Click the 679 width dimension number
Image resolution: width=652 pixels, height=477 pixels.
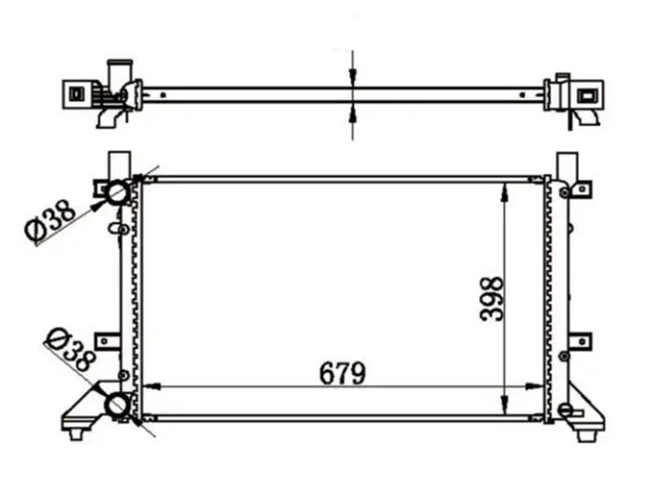click(x=342, y=373)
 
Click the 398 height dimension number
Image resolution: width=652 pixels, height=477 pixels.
click(x=491, y=299)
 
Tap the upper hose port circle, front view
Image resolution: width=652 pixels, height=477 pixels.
click(x=117, y=192)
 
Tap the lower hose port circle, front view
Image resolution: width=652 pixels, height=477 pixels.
click(x=117, y=404)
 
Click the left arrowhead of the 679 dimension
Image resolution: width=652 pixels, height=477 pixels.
click(x=152, y=386)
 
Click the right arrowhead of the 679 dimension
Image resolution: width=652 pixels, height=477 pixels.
click(x=535, y=386)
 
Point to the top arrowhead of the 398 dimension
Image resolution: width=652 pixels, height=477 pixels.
click(x=504, y=193)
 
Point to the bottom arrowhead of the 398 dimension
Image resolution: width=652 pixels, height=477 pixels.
click(x=504, y=404)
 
